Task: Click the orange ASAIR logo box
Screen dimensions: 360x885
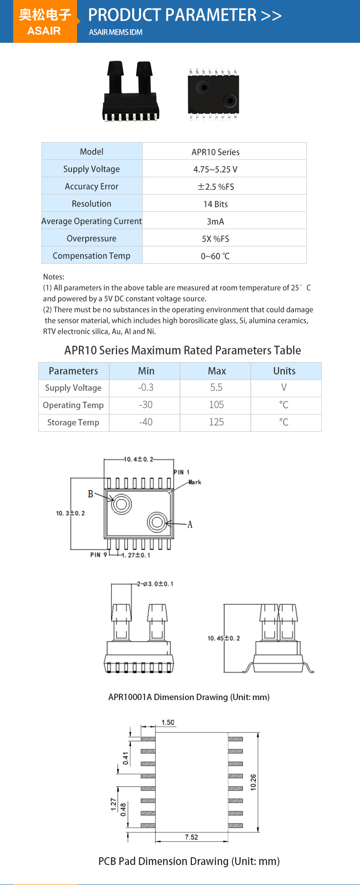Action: [45, 21]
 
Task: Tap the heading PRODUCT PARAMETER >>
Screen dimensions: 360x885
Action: [185, 15]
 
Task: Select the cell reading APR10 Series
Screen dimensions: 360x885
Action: [216, 152]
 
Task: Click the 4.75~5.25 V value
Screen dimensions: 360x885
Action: [216, 169]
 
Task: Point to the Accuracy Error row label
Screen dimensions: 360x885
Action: [92, 186]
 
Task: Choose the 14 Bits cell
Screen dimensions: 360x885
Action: [216, 204]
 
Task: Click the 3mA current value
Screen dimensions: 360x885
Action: [216, 221]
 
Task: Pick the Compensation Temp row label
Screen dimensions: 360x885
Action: [92, 256]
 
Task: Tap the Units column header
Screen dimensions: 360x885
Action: [284, 371]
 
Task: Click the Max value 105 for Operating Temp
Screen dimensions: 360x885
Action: [216, 404]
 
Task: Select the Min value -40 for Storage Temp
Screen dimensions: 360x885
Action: [146, 422]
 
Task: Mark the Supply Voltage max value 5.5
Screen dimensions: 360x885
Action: [216, 387]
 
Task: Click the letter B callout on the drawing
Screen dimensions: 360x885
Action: [90, 494]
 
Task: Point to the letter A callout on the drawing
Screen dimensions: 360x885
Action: [190, 525]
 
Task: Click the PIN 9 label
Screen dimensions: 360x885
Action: [98, 555]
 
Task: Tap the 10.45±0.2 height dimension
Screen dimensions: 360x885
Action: [224, 638]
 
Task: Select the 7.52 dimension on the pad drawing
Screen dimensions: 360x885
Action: [191, 837]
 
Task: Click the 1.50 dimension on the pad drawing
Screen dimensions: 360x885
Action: [168, 722]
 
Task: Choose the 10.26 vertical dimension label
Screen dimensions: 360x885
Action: [253, 782]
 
